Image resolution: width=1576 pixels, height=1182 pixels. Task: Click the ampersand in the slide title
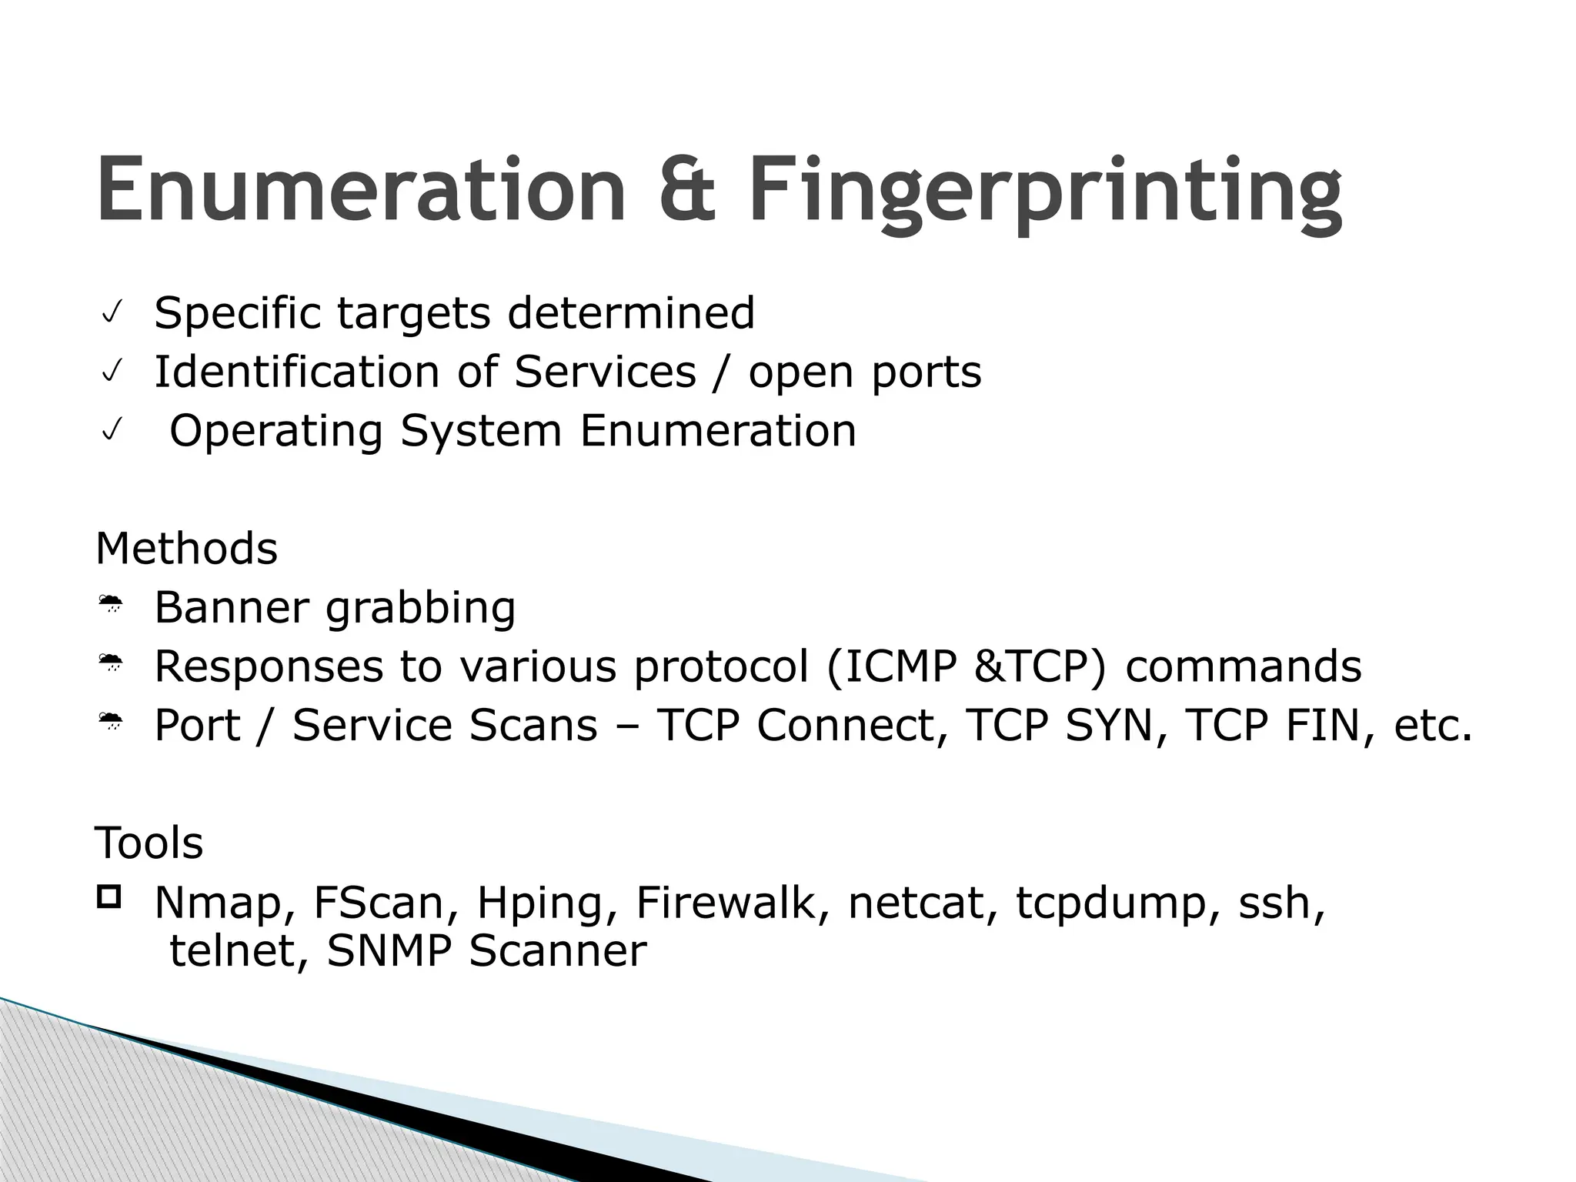(687, 190)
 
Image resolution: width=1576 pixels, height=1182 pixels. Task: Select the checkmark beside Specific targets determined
(111, 314)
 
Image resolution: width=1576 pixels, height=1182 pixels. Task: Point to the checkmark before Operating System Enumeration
(111, 432)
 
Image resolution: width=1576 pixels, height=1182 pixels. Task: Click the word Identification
(297, 372)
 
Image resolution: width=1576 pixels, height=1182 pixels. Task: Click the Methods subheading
(186, 549)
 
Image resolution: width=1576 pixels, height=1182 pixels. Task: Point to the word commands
(1243, 666)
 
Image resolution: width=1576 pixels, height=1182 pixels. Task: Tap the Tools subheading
(149, 843)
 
